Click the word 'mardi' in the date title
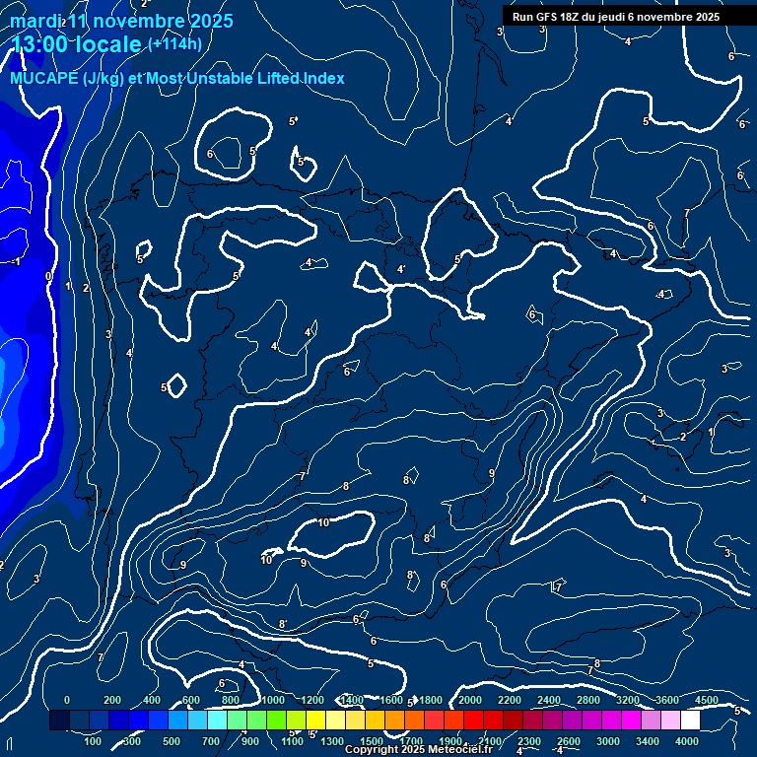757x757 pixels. pyautogui.click(x=34, y=21)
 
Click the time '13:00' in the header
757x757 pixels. pyautogui.click(x=41, y=44)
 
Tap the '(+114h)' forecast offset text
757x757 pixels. pyautogui.click(x=174, y=43)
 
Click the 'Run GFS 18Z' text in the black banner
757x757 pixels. pyautogui.click(x=545, y=17)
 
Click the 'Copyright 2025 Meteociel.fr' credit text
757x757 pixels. pyautogui.click(x=418, y=750)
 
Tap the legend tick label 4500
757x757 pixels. pyautogui.click(x=707, y=700)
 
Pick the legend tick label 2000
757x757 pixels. pyautogui.click(x=469, y=700)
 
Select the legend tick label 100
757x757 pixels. pyautogui.click(x=93, y=741)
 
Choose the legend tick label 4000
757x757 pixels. pyautogui.click(x=687, y=741)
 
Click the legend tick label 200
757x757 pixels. pyautogui.click(x=112, y=700)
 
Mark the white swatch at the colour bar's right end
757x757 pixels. pyautogui.click(x=690, y=721)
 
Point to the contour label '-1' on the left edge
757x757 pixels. pyautogui.click(x=14, y=262)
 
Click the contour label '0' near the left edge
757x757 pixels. pyautogui.click(x=48, y=277)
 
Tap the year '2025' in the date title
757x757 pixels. pyautogui.click(x=211, y=21)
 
